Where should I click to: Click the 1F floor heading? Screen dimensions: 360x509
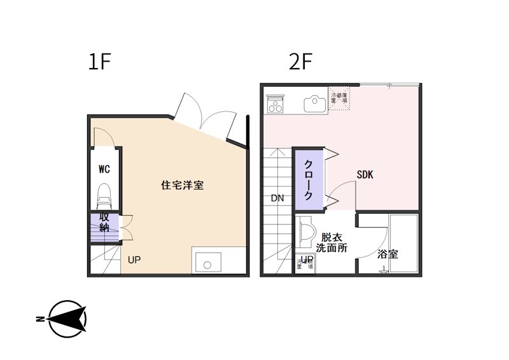coord(100,62)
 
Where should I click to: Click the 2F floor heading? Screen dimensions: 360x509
coord(300,62)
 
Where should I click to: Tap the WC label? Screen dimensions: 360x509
coord(104,169)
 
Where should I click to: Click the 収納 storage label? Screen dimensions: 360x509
coord(104,223)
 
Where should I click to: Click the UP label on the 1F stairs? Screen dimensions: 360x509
coord(134,260)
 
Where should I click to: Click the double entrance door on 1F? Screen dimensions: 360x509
coord(205,115)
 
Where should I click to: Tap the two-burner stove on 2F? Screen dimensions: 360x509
coord(277,103)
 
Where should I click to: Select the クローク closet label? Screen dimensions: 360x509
coord(308,180)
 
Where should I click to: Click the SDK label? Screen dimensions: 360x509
coord(365,174)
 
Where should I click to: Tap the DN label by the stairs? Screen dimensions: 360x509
coord(277,198)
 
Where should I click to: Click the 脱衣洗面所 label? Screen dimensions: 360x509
coord(331,242)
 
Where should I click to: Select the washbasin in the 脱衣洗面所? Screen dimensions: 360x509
coord(305,233)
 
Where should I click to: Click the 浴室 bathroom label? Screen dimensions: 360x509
coord(387,254)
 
